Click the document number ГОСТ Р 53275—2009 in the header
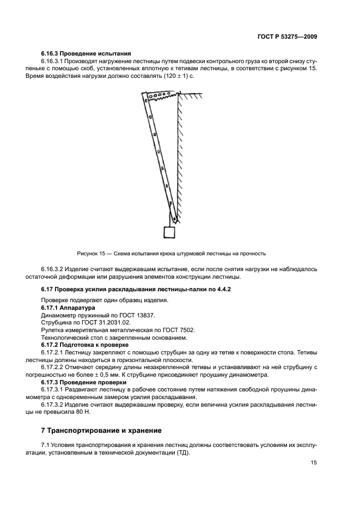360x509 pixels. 287,36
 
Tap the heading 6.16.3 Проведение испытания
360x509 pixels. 86,53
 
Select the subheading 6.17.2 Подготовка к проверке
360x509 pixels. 85,345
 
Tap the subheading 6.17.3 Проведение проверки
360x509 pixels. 84,382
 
